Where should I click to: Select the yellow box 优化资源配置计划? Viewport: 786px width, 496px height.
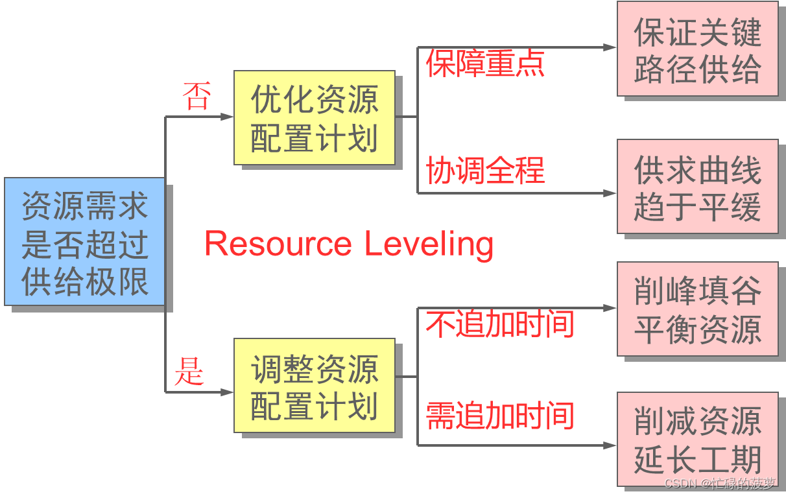pos(314,117)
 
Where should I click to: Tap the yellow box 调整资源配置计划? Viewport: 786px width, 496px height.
pos(314,385)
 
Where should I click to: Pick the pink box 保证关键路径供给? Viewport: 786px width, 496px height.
pos(697,49)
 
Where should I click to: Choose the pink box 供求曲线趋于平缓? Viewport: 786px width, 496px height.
pos(697,186)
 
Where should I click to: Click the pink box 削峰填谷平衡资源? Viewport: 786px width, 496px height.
pos(697,309)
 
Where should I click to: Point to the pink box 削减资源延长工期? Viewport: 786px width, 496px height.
pos(697,439)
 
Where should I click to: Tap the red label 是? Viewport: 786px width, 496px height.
pos(189,372)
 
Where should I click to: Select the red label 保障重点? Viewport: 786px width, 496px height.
pos(485,64)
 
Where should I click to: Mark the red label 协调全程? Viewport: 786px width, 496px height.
pos(485,171)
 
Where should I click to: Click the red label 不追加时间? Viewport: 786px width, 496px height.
pos(499,324)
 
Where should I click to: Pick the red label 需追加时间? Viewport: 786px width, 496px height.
pos(499,416)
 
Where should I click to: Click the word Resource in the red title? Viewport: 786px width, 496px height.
pos(278,244)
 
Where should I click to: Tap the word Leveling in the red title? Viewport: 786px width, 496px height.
pos(429,244)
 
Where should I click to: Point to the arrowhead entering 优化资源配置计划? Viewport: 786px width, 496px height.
pos(227,117)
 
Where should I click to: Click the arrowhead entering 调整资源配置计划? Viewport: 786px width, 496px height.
pos(227,392)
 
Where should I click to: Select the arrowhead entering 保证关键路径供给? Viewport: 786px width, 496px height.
pos(610,47)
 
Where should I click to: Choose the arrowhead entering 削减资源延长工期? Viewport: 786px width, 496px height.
pos(610,445)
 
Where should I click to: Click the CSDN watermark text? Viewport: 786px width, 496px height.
pos(720,484)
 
